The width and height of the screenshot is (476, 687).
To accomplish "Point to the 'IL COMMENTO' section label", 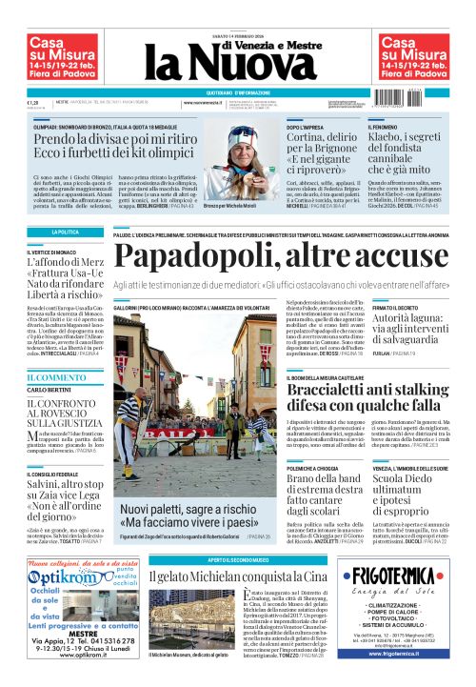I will [x=48, y=378].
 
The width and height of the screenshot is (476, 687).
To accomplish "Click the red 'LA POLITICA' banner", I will [x=64, y=232].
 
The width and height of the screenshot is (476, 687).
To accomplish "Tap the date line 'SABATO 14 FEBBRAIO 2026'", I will [x=238, y=11].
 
